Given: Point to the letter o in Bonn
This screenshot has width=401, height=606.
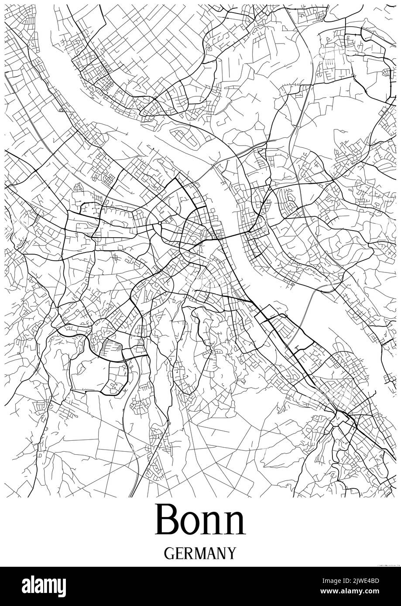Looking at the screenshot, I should click(x=191, y=524).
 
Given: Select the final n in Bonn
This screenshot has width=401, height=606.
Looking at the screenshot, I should click(x=233, y=524).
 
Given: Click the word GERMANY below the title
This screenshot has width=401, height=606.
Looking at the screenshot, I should click(x=200, y=553).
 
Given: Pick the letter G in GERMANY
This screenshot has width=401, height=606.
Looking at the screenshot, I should click(x=169, y=553).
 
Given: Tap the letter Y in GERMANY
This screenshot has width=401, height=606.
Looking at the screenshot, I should click(x=231, y=553).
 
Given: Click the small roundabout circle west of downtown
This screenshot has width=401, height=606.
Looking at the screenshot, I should click(x=160, y=223).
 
